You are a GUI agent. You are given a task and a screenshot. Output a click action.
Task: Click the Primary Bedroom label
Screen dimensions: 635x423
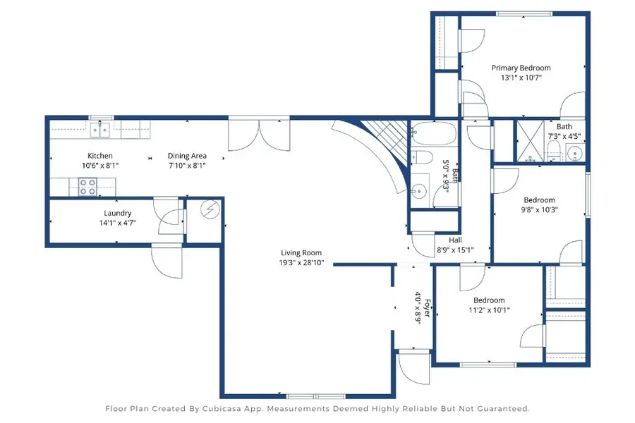(521, 68)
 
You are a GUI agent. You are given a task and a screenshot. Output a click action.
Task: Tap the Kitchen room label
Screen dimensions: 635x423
(100, 156)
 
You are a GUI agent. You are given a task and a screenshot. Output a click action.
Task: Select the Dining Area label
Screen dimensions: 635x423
(187, 156)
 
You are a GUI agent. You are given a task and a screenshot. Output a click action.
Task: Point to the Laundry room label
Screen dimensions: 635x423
(117, 214)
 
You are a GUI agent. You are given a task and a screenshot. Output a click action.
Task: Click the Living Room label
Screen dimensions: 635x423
(301, 253)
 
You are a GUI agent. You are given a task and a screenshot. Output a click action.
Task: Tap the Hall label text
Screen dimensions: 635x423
(455, 240)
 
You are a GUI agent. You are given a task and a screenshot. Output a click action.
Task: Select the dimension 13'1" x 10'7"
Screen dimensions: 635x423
(521, 78)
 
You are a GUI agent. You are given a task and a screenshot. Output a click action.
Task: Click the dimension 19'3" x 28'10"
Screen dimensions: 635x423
(301, 263)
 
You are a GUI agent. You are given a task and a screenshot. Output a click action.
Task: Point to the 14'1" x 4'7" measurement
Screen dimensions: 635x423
(117, 223)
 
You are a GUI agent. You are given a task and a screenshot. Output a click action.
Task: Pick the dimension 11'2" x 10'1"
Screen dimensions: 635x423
(489, 310)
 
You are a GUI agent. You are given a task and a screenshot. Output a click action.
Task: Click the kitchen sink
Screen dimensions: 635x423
(100, 130)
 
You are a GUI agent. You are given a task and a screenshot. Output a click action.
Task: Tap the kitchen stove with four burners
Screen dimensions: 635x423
(88, 187)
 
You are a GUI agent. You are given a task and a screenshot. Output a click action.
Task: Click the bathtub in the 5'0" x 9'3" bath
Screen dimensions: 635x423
(434, 133)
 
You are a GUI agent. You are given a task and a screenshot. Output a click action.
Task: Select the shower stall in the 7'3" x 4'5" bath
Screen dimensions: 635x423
(531, 140)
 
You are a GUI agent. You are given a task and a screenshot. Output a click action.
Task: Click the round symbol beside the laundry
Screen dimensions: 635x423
(210, 209)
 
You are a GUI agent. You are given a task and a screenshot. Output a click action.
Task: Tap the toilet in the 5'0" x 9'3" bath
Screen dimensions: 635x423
(422, 157)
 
